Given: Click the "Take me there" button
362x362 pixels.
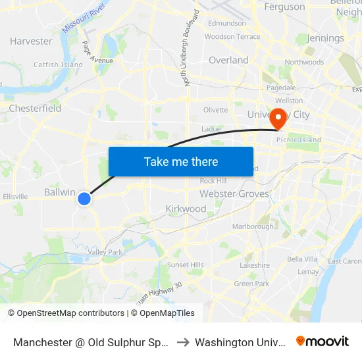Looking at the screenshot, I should (181, 161).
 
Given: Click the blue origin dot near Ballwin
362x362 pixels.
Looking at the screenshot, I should (84, 198).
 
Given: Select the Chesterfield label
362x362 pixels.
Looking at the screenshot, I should (35, 108).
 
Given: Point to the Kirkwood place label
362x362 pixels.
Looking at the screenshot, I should (186, 209).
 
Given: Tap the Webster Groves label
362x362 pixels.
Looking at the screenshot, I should (234, 194).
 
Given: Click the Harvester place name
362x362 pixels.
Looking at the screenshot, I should (31, 41).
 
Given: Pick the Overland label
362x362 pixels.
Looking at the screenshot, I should (228, 60).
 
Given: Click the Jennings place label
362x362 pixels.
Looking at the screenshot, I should (325, 38).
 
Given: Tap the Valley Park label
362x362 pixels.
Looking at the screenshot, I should (105, 252).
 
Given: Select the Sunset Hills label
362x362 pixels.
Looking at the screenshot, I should (186, 265).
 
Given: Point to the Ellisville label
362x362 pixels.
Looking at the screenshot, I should (15, 196).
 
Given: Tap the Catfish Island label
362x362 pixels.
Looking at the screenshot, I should (58, 65).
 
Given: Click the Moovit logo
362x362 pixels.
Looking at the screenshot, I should (323, 342).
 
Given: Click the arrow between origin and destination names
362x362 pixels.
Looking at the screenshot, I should (182, 342).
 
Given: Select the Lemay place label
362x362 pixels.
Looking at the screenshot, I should (308, 271).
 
